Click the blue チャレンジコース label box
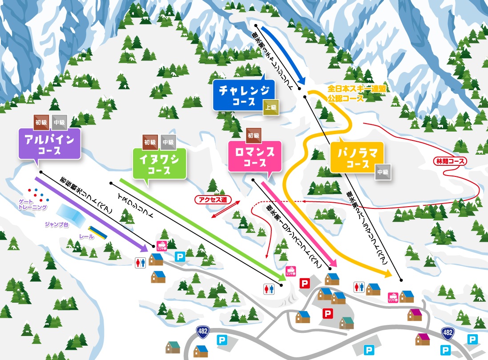244,95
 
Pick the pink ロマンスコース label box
254,156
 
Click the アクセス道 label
211,200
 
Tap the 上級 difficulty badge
271,107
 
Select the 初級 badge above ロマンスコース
253,134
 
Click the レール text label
86,236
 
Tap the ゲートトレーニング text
32,204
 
